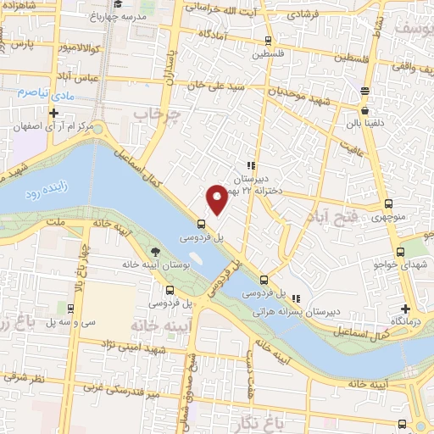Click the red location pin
[x=218, y=198]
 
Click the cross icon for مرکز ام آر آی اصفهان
[x=54, y=112]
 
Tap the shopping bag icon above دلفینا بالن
[x=365, y=110]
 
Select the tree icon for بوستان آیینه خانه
[x=155, y=252]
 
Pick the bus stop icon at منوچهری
[x=389, y=203]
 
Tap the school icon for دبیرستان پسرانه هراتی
[x=296, y=299]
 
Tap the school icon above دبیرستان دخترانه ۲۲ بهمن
[x=250, y=166]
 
